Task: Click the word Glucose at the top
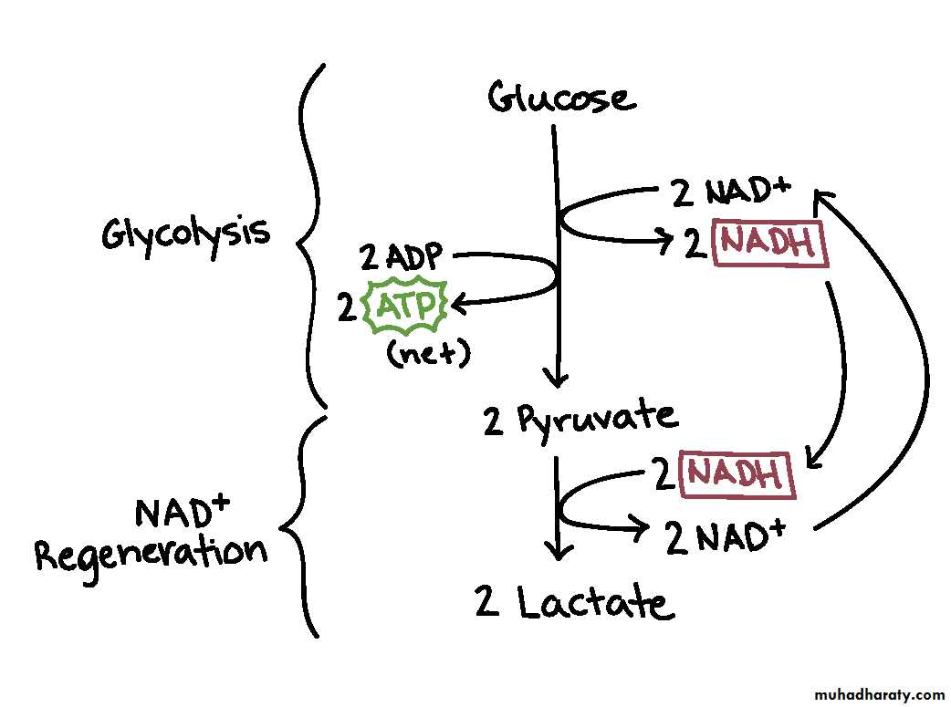click(x=560, y=97)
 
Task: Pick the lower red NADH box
click(x=737, y=474)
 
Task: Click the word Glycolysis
click(x=186, y=234)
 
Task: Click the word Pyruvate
click(x=599, y=419)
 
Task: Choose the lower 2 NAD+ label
click(x=726, y=538)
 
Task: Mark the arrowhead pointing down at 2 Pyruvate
click(x=555, y=378)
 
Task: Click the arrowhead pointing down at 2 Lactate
click(x=558, y=550)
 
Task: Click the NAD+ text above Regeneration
click(x=182, y=512)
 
